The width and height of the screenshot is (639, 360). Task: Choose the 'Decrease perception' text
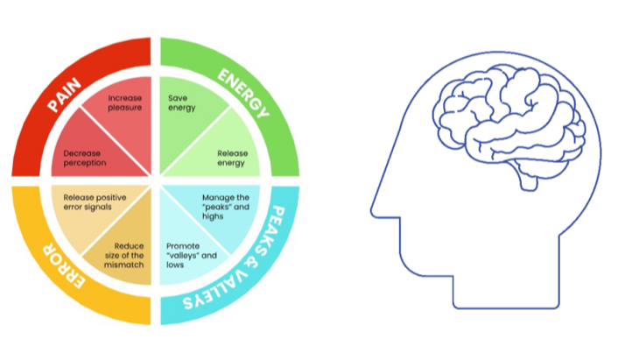coord(85,158)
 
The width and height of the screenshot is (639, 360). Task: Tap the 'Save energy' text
coord(182,102)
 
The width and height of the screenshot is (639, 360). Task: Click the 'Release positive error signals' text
coord(89,202)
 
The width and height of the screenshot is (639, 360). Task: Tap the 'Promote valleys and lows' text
coord(186,253)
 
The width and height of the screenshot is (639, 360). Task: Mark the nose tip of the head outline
coord(373,210)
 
